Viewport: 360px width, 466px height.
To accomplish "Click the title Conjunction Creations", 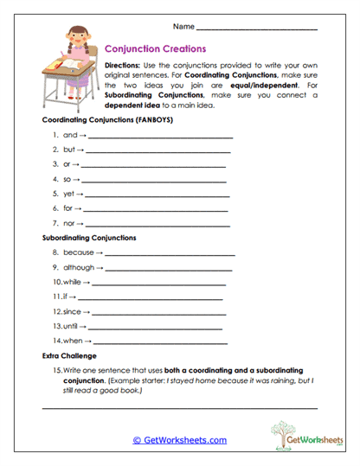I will (x=154, y=49).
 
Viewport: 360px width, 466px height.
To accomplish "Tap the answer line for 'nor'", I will (x=157, y=225).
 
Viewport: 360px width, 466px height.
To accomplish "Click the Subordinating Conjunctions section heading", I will (x=89, y=237).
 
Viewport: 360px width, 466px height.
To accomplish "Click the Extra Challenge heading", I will (x=68, y=355).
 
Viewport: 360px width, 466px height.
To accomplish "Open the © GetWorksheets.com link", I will (x=179, y=440).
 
